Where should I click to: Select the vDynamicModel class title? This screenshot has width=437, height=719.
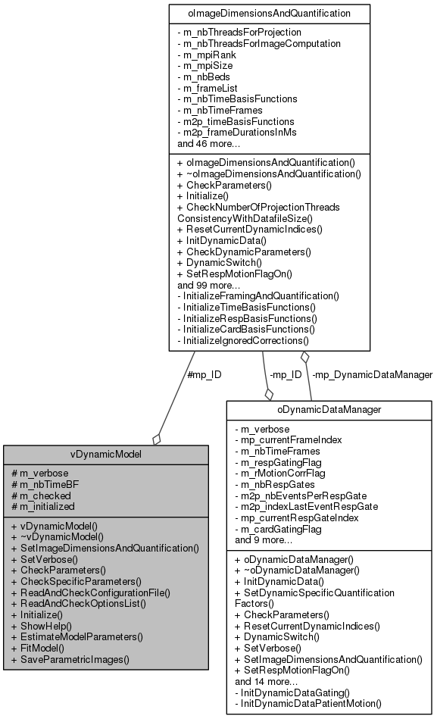[106, 455]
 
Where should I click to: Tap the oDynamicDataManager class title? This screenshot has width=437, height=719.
[329, 410]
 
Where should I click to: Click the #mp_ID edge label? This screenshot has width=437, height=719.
[204, 374]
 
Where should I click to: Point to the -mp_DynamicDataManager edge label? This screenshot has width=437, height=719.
[372, 374]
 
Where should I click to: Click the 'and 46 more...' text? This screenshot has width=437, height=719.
[210, 143]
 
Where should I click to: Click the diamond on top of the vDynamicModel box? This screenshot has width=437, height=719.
[156, 439]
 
